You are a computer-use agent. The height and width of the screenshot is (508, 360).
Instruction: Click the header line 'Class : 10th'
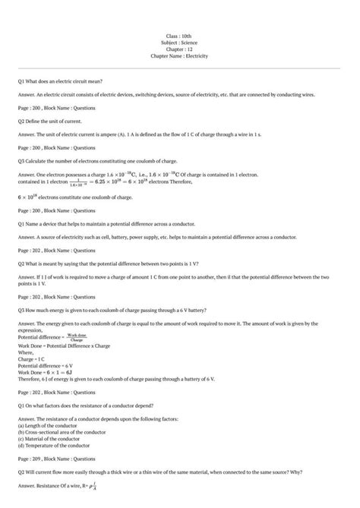180,36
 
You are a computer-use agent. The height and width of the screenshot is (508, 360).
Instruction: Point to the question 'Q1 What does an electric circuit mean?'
60,80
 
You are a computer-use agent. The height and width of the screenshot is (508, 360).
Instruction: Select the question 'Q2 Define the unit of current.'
49,120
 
